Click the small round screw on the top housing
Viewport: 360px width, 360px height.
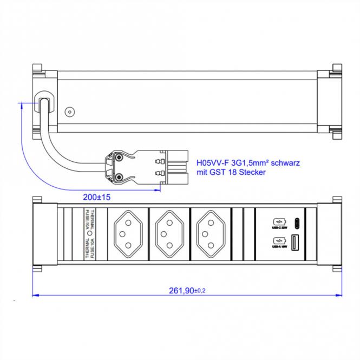point(69,113)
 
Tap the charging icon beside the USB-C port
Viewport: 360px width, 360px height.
point(278,221)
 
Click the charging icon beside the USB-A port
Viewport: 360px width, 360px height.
point(278,240)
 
